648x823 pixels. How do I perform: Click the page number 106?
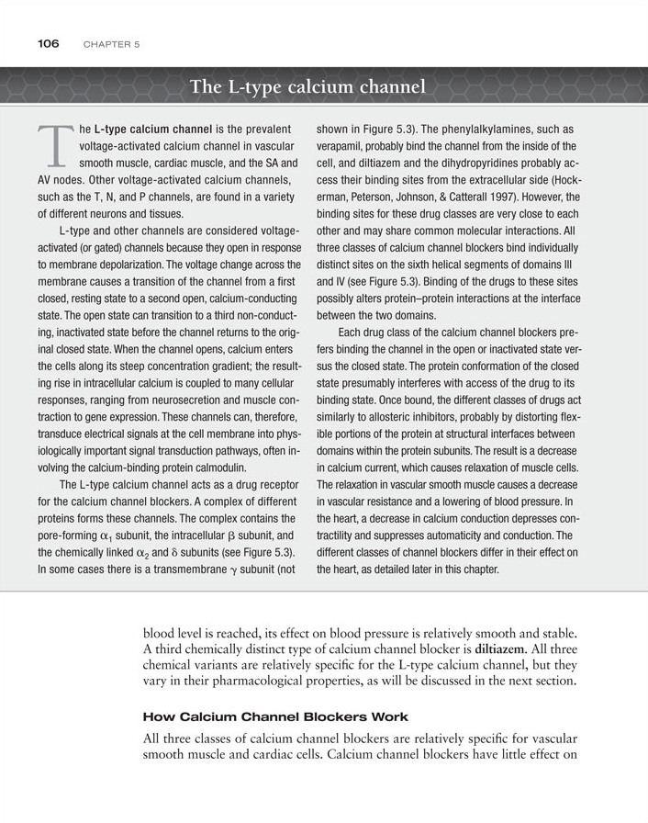point(48,43)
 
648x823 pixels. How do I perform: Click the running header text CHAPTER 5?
point(110,44)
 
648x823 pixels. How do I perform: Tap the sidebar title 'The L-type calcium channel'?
point(307,88)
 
